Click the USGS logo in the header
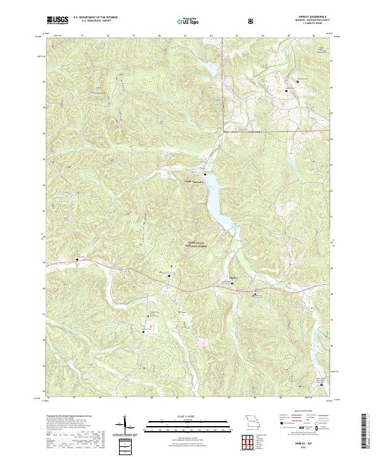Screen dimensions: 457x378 click(57, 20)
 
